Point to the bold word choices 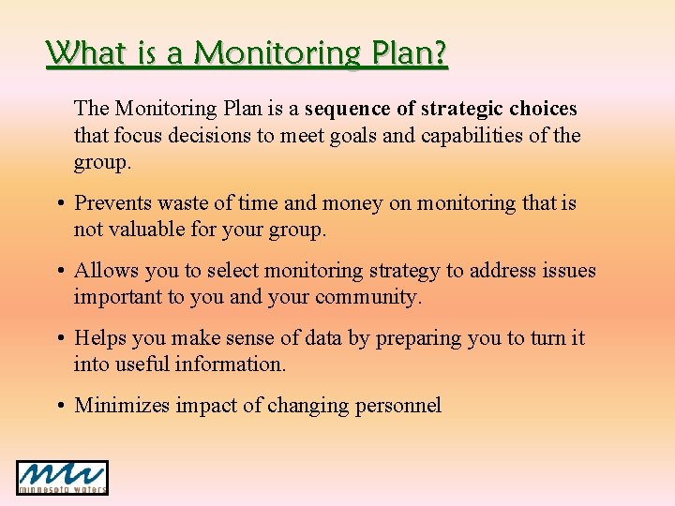(543, 109)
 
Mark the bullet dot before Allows (61, 272)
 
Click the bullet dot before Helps (61, 339)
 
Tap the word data (323, 338)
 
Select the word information (232, 365)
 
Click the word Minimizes (121, 406)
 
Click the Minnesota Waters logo (62, 477)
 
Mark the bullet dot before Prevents (61, 204)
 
